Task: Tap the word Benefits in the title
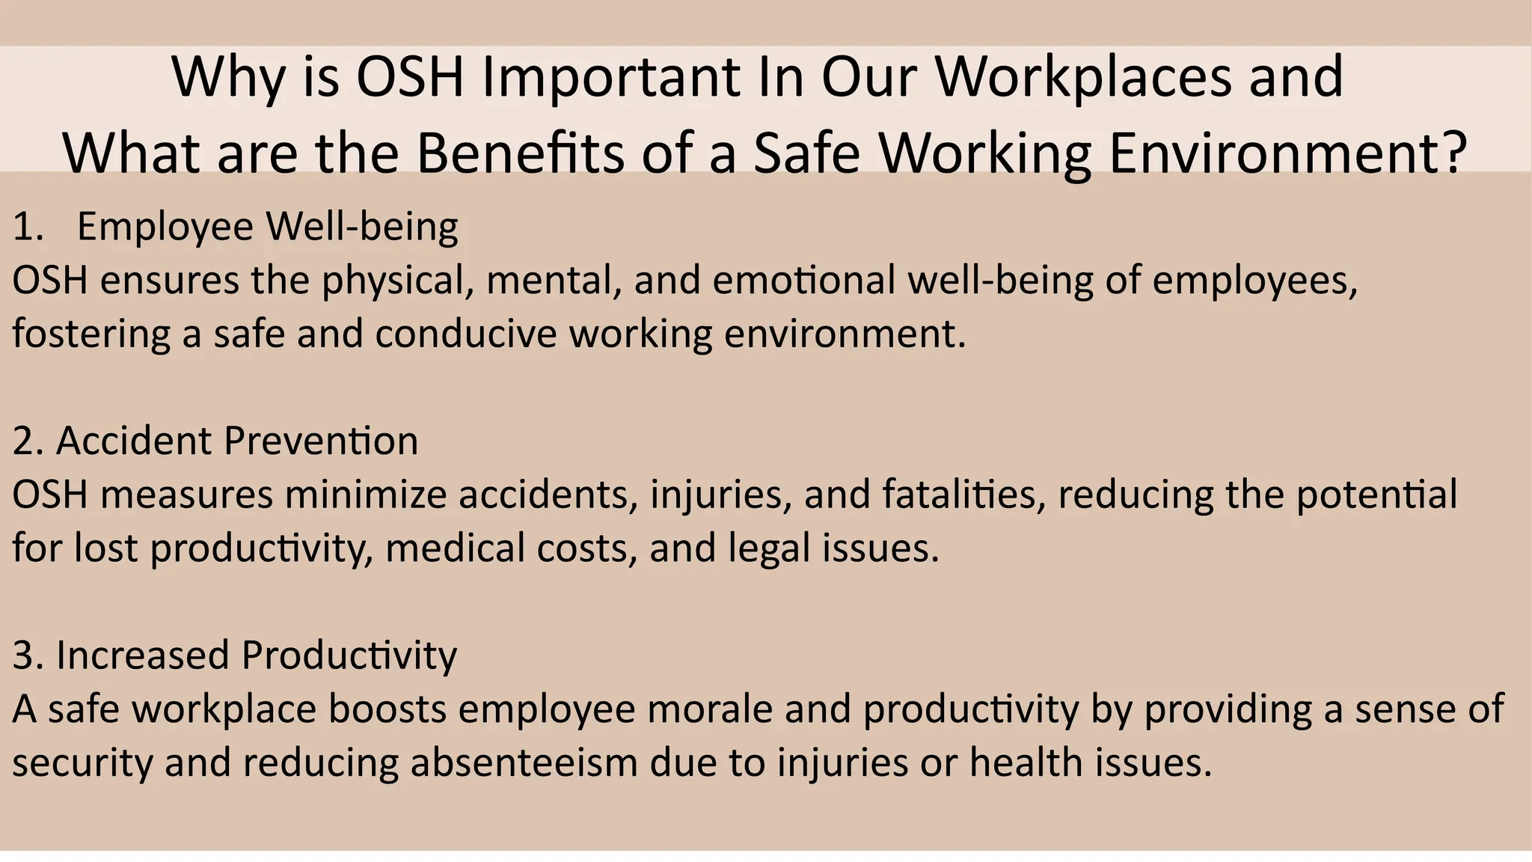(x=519, y=153)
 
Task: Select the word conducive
(x=466, y=334)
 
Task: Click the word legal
(x=769, y=549)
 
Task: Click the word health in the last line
(x=1026, y=762)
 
